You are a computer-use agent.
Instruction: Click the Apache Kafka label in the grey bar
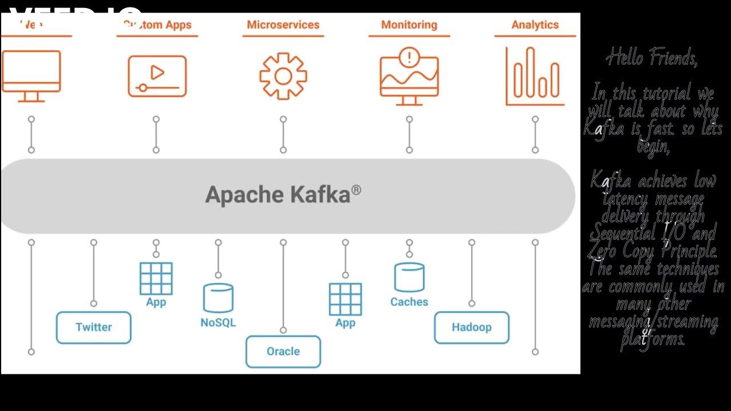coord(278,195)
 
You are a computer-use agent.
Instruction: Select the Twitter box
coord(94,328)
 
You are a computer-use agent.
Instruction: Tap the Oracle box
coord(283,352)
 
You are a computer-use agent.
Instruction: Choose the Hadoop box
coord(472,328)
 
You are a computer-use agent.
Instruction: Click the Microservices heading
coord(283,25)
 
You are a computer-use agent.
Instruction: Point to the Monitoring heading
coord(409,25)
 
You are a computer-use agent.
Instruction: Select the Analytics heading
coord(535,25)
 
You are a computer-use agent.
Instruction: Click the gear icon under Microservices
coord(283,76)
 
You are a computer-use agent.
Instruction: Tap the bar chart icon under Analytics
coord(535,76)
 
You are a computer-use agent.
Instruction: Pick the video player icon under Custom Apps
coord(157,76)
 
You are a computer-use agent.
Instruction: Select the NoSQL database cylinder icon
coord(218,298)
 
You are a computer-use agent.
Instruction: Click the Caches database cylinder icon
coord(409,277)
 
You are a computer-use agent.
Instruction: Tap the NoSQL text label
coord(218,323)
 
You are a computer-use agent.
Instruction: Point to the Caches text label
coord(409,302)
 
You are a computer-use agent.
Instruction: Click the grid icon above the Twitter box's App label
coord(156,279)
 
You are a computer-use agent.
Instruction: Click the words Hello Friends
coord(652,58)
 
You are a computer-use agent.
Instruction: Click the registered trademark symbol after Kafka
coord(356,189)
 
